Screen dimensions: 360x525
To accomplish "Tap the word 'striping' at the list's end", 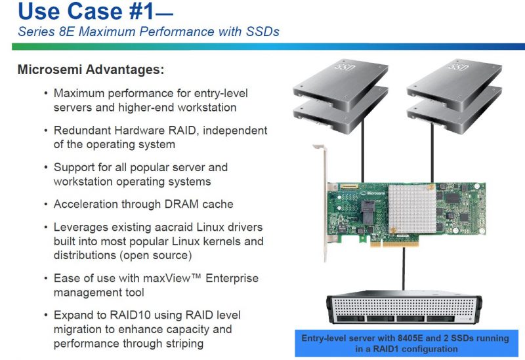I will pos(179,343).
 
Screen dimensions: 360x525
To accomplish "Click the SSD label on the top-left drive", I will pos(342,68).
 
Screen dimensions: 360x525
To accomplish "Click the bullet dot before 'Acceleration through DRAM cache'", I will pos(45,204).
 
